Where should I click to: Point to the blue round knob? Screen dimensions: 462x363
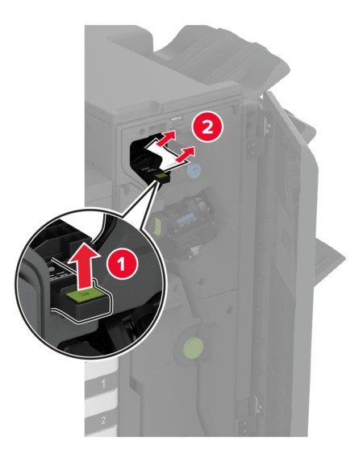tap(193, 171)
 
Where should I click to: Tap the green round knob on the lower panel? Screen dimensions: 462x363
tap(193, 348)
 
